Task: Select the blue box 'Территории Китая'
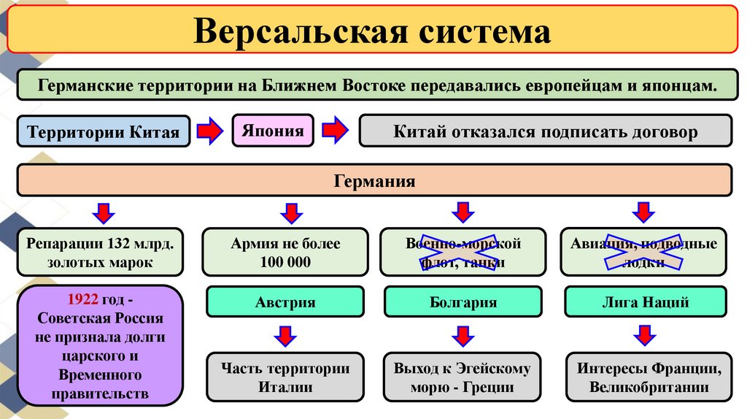pyautogui.click(x=103, y=132)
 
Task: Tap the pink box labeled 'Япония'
pyautogui.click(x=273, y=131)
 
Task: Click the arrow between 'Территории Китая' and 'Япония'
pyautogui.click(x=209, y=131)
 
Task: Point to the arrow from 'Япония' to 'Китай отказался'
pyautogui.click(x=336, y=131)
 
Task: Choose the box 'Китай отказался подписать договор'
pyautogui.click(x=546, y=132)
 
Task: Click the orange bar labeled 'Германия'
pyautogui.click(x=374, y=180)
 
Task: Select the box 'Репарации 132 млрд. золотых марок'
pyautogui.click(x=101, y=252)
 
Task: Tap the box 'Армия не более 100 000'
pyautogui.click(x=285, y=252)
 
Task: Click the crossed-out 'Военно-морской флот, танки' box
pyautogui.click(x=463, y=252)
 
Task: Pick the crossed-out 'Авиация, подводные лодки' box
pyautogui.click(x=643, y=252)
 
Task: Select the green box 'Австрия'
pyautogui.click(x=285, y=301)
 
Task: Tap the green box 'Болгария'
pyautogui.click(x=463, y=301)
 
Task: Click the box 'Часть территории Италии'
pyautogui.click(x=285, y=377)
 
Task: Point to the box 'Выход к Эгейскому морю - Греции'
pyautogui.click(x=463, y=377)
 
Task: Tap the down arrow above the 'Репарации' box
pyautogui.click(x=103, y=212)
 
